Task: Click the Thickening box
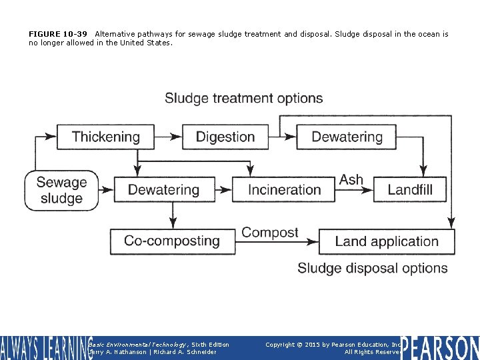106,137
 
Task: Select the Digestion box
225,137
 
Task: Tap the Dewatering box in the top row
347,137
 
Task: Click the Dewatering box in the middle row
163,190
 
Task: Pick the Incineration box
284,190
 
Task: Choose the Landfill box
410,190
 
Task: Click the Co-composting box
172,241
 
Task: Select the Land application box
387,242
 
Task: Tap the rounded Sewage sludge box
61,190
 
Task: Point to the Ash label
351,180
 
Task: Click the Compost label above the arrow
270,233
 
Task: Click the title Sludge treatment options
244,99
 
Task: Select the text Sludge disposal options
373,268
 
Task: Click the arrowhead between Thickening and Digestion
177,137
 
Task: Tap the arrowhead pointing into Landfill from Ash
368,190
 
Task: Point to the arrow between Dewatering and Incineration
223,190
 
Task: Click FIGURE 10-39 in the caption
57,34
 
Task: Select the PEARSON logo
440,348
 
